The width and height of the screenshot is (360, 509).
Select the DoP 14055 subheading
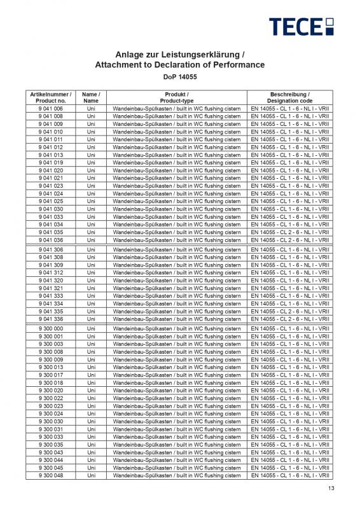point(179,77)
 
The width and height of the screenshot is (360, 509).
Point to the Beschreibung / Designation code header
point(290,97)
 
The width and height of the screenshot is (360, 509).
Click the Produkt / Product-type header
point(177,97)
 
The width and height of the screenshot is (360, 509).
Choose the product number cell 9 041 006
point(51,109)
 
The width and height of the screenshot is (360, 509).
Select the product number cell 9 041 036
point(51,240)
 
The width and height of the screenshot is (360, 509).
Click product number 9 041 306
point(51,250)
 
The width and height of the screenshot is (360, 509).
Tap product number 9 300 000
point(51,328)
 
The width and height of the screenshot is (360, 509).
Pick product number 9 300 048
point(51,475)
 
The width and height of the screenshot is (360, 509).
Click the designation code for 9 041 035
point(290,232)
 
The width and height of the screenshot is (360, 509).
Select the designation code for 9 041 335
point(290,311)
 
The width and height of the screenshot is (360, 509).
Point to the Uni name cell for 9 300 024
point(91,414)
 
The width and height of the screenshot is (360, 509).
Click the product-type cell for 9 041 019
point(177,163)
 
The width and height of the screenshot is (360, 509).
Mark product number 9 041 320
point(51,281)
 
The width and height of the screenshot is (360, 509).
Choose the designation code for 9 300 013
point(290,367)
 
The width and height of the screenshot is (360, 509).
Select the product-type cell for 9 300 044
point(177,460)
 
